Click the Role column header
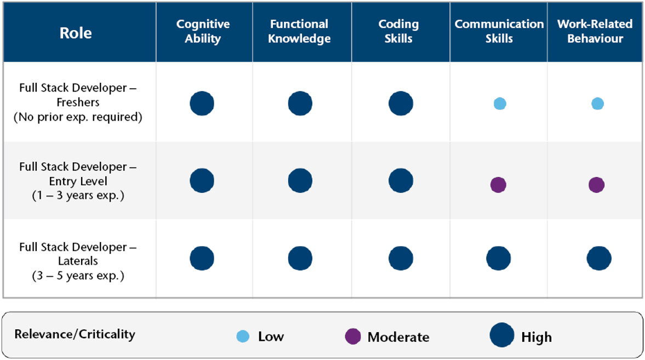76,32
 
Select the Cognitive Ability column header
203,31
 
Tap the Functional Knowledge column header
299,31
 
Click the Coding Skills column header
398,31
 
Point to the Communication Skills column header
499,31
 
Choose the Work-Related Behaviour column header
595,31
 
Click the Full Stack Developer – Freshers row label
78,102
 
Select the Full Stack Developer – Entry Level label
78,181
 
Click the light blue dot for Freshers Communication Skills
499,104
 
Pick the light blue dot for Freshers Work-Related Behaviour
597,104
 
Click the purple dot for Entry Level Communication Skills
498,185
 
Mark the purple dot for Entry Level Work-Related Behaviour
596,185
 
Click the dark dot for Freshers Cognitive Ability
202,104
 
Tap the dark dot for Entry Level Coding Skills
401,181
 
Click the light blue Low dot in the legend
242,336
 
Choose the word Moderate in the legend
398,337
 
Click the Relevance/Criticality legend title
75,334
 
